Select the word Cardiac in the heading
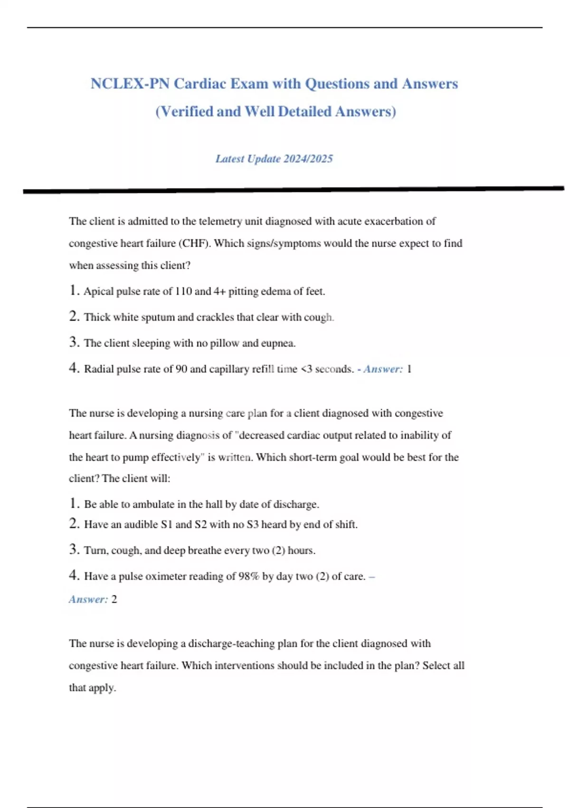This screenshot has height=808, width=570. pos(200,84)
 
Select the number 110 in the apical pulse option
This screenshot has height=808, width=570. pos(183,291)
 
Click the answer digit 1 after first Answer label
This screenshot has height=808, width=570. pos(409,369)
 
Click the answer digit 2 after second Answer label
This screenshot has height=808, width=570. pos(114,599)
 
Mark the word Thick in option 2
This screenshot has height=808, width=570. pos(97,317)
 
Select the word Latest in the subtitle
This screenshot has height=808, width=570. pos(230,159)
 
